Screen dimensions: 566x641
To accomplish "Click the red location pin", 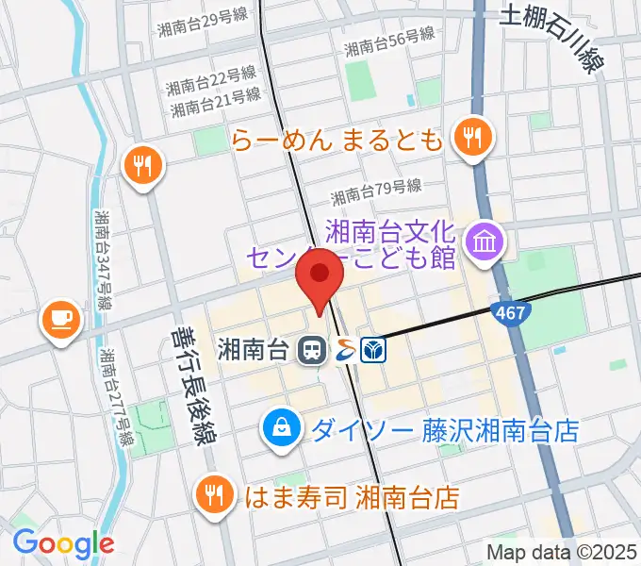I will click(320, 275).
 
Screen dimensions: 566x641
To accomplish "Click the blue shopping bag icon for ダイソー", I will click(282, 430).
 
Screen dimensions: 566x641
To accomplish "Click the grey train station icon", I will click(309, 351).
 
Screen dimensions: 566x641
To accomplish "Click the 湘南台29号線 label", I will click(200, 29).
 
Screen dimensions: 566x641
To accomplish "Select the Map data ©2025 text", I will click(562, 551).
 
